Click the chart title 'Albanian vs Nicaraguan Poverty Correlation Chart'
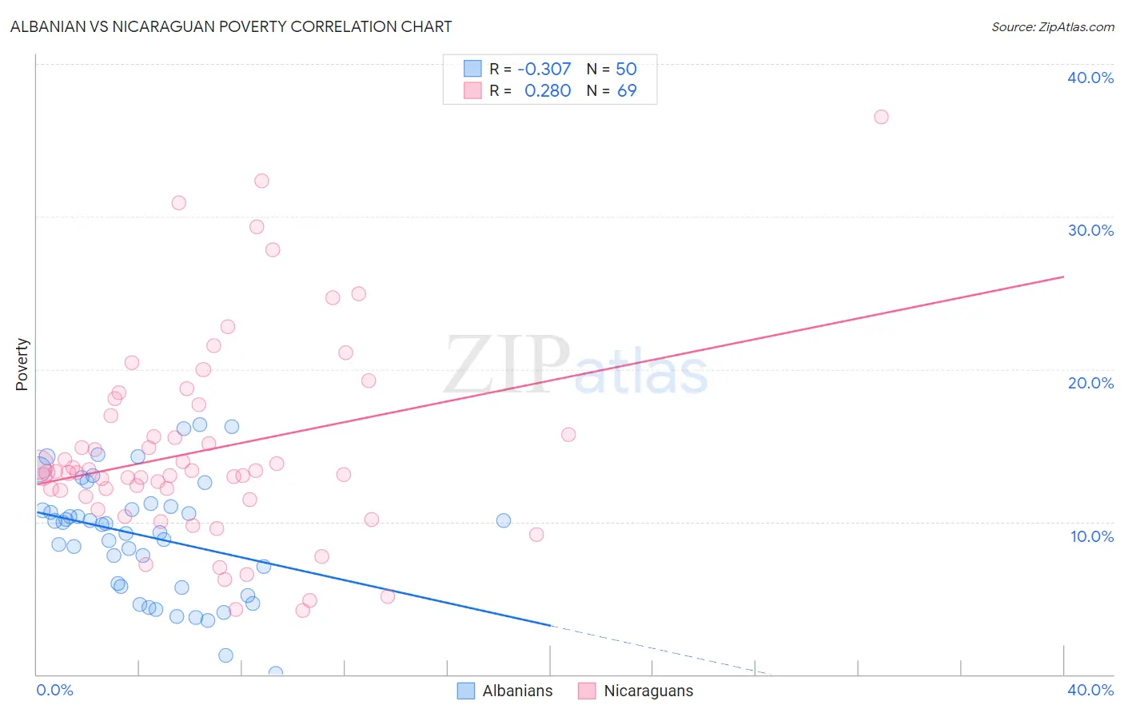(x=231, y=26)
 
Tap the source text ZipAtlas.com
(x=1052, y=26)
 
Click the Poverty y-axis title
(x=22, y=364)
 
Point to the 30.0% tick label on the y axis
(x=1090, y=230)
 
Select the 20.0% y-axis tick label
(x=1090, y=383)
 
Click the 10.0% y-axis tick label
(x=1092, y=536)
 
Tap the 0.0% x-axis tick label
(x=54, y=690)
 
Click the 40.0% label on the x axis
(x=1090, y=690)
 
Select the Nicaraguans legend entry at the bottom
(x=636, y=691)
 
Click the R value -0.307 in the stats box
(x=544, y=69)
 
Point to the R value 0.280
(x=547, y=90)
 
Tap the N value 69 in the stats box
(x=627, y=90)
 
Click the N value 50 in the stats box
(x=626, y=69)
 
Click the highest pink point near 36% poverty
(x=881, y=117)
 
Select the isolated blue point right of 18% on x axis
(x=504, y=520)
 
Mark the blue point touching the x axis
(x=276, y=673)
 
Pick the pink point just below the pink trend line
(x=568, y=435)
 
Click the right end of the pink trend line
(x=1063, y=277)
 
